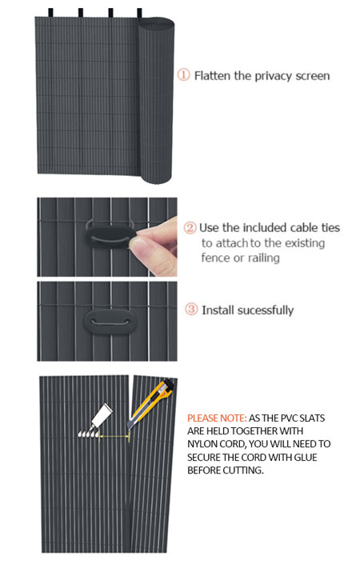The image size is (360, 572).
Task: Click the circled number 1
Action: pyautogui.click(x=183, y=75)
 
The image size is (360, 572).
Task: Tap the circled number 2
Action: pyautogui.click(x=190, y=228)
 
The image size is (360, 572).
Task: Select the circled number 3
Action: pyautogui.click(x=191, y=310)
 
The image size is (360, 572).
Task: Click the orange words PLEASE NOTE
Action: pyautogui.click(x=217, y=418)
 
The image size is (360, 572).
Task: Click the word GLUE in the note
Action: pyautogui.click(x=306, y=457)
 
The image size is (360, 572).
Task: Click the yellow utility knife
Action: pyautogui.click(x=150, y=403)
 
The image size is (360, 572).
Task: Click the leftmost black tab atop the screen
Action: pyautogui.click(x=50, y=13)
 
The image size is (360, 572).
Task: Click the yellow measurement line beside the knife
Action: pyautogui.click(x=114, y=435)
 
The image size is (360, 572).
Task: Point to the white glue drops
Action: pyautogui.click(x=88, y=433)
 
